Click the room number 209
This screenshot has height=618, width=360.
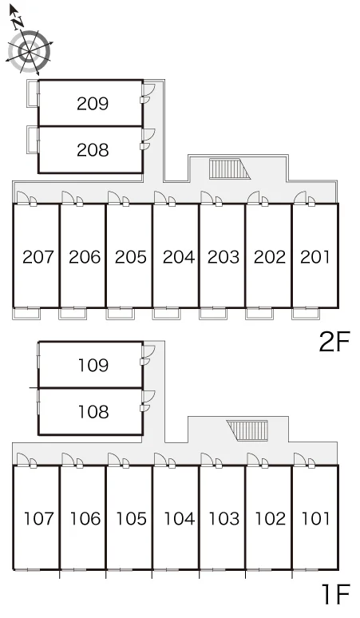(93, 103)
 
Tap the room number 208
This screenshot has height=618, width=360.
(93, 150)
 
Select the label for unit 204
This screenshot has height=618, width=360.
(179, 257)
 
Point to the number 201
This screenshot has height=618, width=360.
(315, 257)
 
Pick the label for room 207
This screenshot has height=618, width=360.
(38, 257)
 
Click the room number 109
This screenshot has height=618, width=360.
(93, 366)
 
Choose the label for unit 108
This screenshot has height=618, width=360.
(93, 412)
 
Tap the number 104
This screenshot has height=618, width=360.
(180, 519)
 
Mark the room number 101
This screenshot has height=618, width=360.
(315, 519)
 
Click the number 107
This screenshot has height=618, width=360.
(38, 519)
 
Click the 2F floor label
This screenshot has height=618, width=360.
(334, 342)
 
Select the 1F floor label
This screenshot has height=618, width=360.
(336, 594)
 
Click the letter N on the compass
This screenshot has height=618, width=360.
(17, 24)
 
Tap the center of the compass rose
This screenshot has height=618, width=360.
(30, 51)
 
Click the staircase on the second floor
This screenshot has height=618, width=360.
(230, 168)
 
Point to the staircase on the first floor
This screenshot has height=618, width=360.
(247, 430)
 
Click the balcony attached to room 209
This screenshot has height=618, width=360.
(32, 93)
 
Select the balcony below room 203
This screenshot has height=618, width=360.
(213, 313)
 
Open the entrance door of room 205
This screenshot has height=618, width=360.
(114, 198)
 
